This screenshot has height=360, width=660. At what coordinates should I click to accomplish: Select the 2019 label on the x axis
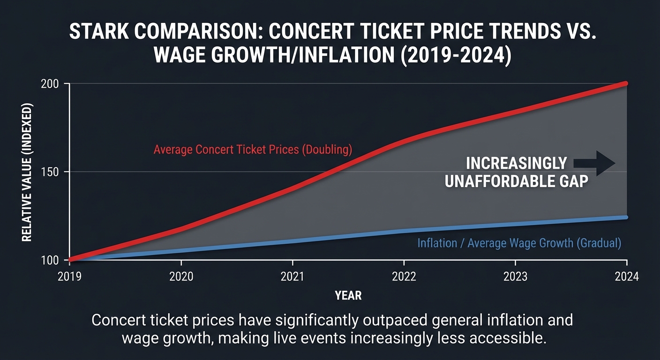coord(70,277)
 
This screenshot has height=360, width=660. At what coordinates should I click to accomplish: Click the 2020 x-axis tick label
coord(181,277)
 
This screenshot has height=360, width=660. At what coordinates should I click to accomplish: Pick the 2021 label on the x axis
coord(293,277)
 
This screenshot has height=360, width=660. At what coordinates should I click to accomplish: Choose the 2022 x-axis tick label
coord(404,277)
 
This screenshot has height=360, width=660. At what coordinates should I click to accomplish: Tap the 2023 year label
coord(515,277)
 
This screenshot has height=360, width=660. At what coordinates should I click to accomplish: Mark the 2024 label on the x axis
coord(627,277)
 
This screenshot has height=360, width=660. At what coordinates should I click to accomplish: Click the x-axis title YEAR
coord(348,295)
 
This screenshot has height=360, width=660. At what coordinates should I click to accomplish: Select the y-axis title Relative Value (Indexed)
coord(27,172)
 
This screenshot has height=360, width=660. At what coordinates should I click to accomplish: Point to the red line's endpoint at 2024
coord(626,83)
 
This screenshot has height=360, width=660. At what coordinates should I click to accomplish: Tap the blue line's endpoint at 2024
coord(626,217)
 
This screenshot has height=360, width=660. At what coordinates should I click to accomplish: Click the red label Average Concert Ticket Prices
coord(253,150)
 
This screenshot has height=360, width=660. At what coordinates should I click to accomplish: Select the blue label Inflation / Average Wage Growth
coord(519,243)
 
